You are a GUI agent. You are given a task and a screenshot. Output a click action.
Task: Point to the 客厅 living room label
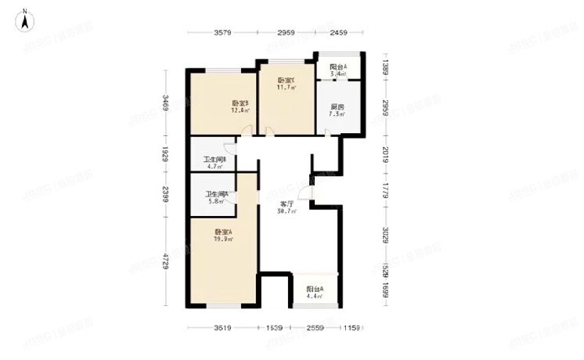(x=286, y=203)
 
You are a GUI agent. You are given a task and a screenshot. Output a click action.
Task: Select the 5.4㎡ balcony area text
(x=337, y=74)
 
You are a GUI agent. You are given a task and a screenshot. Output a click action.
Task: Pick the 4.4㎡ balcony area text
(x=315, y=296)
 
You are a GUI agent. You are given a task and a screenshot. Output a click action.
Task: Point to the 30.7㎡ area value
(x=286, y=211)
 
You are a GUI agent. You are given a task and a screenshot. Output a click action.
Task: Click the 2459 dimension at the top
(x=337, y=33)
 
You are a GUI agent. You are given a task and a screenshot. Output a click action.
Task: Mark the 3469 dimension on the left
(x=166, y=104)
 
